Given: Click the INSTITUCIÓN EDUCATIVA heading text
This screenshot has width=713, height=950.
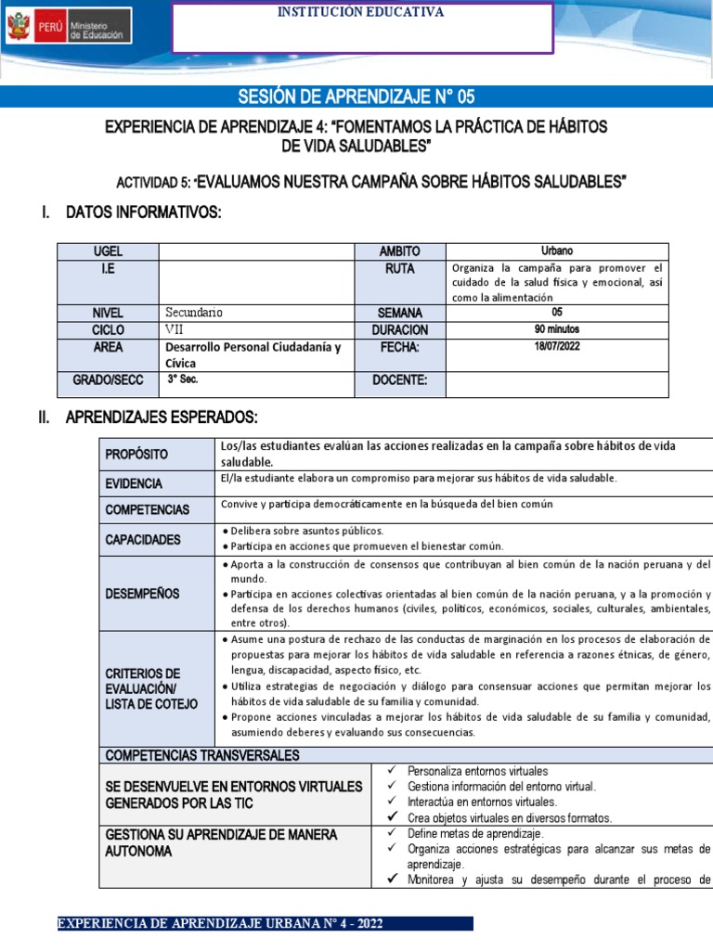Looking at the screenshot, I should (x=362, y=12).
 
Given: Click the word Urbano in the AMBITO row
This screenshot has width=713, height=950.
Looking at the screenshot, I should (x=557, y=250).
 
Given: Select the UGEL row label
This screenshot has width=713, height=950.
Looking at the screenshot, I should (x=108, y=251).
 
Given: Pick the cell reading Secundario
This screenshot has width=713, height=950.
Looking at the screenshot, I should (x=194, y=313).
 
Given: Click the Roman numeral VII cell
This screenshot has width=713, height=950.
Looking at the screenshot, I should (x=175, y=328).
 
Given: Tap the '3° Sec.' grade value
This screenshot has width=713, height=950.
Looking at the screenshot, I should (x=183, y=379).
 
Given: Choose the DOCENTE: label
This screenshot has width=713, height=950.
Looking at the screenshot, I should (x=400, y=379).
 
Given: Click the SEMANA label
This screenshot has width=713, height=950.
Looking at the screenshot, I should (x=400, y=313).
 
